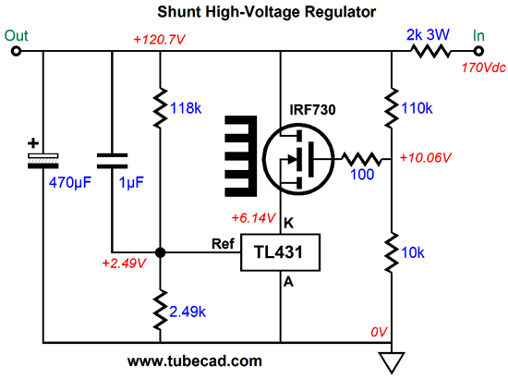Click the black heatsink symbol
[x=241, y=156]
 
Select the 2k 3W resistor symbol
[x=430, y=51]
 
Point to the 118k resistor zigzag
[x=160, y=107]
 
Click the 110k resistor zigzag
[x=392, y=107]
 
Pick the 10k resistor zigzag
[x=392, y=252]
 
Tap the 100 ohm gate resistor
[x=362, y=159]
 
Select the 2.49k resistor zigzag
[x=160, y=311]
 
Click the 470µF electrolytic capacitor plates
[x=43, y=161]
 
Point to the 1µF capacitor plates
[x=112, y=161]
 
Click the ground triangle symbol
[x=392, y=362]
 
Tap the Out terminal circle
[x=16, y=51]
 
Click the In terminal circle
[x=478, y=51]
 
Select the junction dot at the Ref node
[x=160, y=252]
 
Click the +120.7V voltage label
[x=159, y=40]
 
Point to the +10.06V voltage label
[x=426, y=157]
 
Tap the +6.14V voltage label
[x=254, y=218]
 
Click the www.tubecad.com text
[x=195, y=361]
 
